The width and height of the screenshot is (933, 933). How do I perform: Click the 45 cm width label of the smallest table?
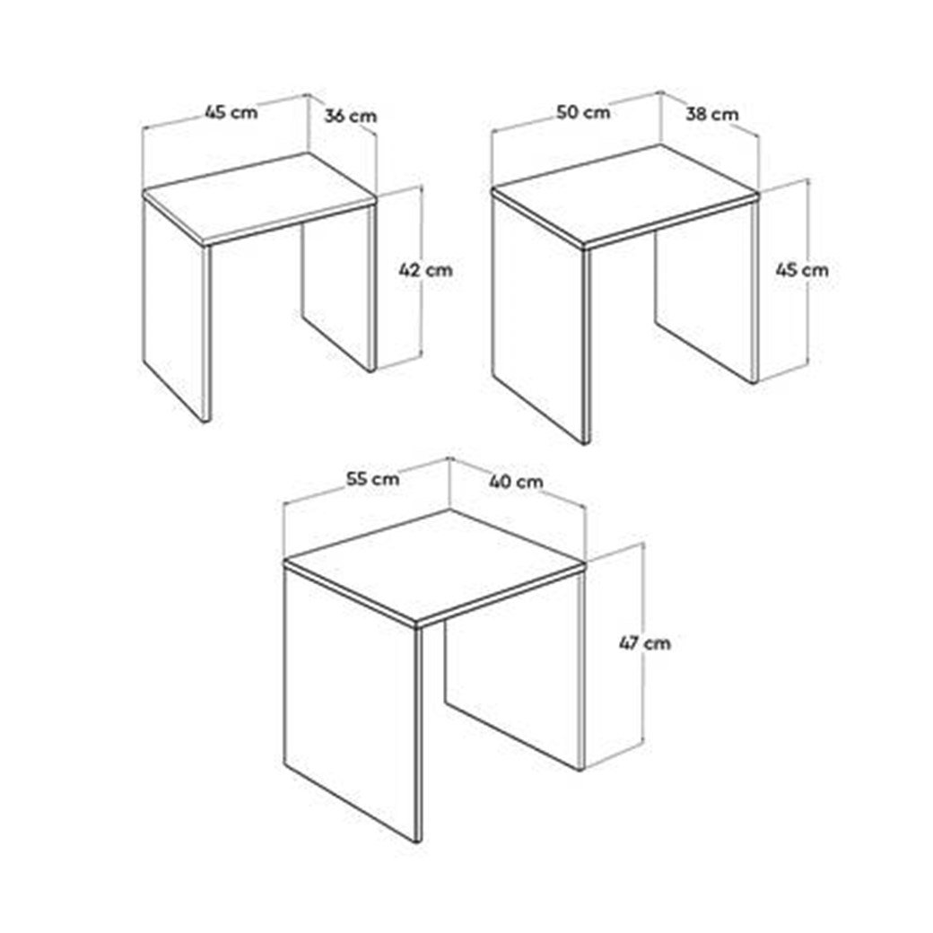point(231,111)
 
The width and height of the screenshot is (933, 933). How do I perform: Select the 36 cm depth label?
point(351,116)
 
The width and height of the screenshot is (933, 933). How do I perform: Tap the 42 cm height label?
point(425,270)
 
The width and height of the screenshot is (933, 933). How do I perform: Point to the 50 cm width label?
point(584,112)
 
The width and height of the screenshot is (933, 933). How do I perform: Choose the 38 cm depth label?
point(711,114)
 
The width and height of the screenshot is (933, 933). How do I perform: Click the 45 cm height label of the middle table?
point(801,270)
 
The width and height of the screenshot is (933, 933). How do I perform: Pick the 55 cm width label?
point(373,478)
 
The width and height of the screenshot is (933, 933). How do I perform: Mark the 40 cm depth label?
point(516,481)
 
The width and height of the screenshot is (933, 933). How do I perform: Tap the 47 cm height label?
point(644,643)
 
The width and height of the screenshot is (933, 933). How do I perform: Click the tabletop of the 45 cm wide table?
point(259,197)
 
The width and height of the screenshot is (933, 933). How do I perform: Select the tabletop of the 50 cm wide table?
point(624,195)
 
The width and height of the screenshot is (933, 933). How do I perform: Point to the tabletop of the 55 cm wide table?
point(433,566)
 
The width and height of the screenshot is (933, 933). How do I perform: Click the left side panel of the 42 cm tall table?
point(177,310)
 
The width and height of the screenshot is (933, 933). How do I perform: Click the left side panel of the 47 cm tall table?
point(353,702)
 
